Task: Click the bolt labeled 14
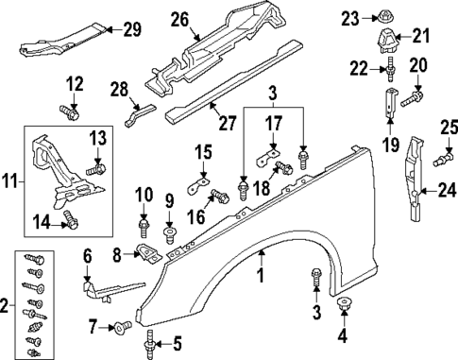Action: [x=66, y=220]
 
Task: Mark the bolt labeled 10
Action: [x=144, y=228]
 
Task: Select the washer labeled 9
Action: [x=170, y=231]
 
